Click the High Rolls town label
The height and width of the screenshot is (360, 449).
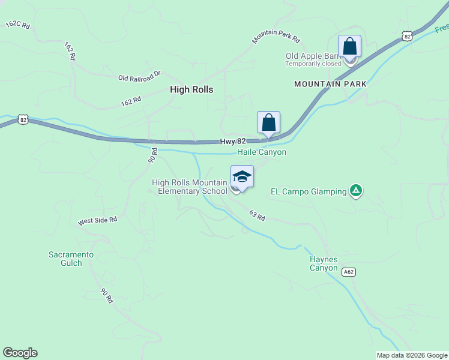pos(191,89)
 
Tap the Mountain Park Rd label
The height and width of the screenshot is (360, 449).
pos(276,36)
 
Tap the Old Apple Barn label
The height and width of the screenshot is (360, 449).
pos(312,56)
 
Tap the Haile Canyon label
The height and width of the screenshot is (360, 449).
pos(262,152)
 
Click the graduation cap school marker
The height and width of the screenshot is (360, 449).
pos(242,176)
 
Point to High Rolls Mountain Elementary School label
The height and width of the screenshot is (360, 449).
pos(190,187)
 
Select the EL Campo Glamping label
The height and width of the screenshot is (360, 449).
pos(309,192)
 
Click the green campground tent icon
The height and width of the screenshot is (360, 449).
pos(356,191)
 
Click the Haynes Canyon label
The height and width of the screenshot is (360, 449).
pos(324,263)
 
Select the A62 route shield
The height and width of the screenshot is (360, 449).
pos(348,272)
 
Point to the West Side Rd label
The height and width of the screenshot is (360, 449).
pos(97,221)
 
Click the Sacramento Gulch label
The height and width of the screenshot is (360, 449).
pos(71,259)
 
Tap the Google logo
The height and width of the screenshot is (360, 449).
pos(20,353)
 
